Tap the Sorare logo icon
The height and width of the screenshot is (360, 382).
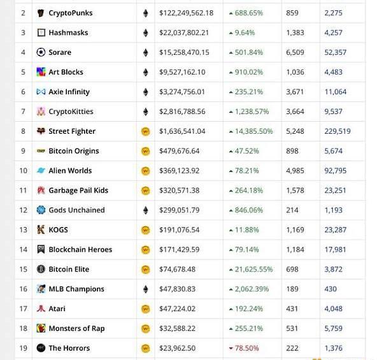click(41, 52)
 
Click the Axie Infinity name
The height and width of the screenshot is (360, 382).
click(69, 92)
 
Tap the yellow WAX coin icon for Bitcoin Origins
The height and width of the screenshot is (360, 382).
click(145, 151)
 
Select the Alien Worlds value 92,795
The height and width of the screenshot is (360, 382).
click(336, 171)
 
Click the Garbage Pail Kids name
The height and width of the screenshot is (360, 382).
click(78, 191)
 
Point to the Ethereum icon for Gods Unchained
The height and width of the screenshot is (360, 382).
click(145, 210)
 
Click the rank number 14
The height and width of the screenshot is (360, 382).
click(23, 250)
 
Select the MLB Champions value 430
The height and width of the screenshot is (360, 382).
click(330, 289)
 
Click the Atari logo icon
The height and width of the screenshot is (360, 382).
click(41, 309)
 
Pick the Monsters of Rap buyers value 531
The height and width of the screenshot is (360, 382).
click(292, 329)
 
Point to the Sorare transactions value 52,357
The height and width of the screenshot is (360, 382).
click(336, 52)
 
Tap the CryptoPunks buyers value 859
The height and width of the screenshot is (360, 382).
click(292, 13)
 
